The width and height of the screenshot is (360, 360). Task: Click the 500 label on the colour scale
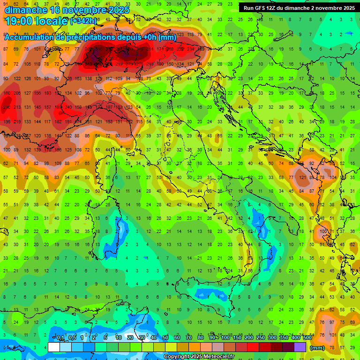pyautogui.click(x=307, y=338)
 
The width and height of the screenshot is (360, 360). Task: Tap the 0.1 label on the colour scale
pyautogui.click(x=60, y=338)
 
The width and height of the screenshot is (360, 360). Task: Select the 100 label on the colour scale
pyautogui.click(x=225, y=338)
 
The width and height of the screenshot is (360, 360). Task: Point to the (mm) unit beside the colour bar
pyautogui.click(x=317, y=348)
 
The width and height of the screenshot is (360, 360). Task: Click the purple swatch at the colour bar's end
pyautogui.click(x=300, y=347)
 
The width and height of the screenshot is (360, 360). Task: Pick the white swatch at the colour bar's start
pyautogui.click(x=54, y=347)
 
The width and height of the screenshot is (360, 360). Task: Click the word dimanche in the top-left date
pyautogui.click(x=24, y=9)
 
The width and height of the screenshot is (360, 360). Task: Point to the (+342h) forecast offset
pyautogui.click(x=83, y=21)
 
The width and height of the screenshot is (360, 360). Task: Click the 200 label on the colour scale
pyautogui.click(x=248, y=338)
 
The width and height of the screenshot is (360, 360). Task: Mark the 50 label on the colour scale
pyautogui.click(x=165, y=338)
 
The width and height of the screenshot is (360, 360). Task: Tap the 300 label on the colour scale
pyautogui.click(x=272, y=338)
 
